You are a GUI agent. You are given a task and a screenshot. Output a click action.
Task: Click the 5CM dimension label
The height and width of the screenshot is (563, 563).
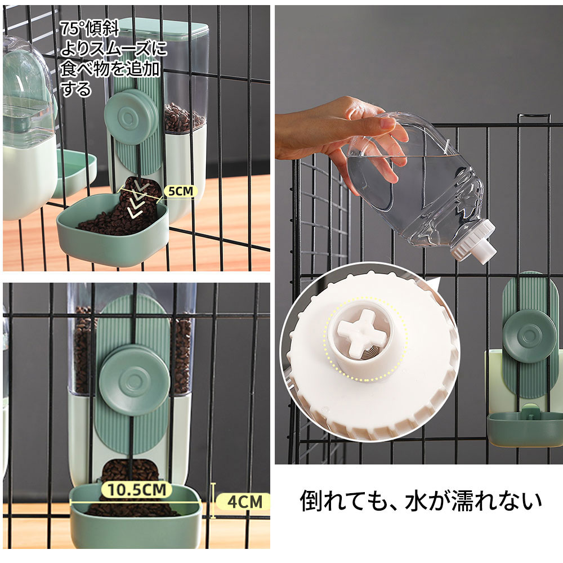point(181,191)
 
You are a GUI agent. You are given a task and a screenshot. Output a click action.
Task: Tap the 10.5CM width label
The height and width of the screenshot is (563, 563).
point(136,490)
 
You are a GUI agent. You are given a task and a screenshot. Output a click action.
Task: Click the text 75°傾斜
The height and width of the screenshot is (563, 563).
point(90,29)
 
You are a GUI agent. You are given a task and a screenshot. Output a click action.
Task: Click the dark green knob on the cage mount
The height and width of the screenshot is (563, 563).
point(529,335)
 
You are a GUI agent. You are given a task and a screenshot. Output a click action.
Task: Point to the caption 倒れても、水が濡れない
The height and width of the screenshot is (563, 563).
point(421,501)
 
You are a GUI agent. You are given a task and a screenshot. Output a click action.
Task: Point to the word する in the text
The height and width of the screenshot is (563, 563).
point(76,89)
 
